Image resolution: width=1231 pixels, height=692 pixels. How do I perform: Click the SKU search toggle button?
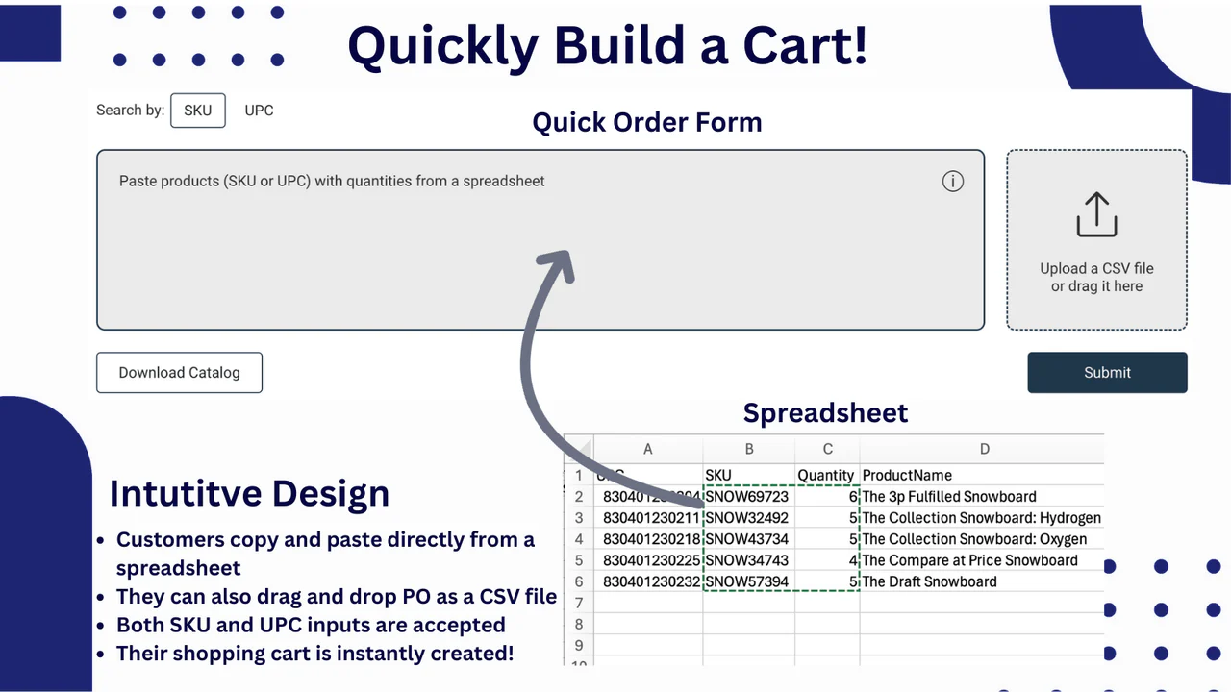(197, 111)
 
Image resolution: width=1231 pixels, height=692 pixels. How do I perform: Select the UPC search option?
(259, 111)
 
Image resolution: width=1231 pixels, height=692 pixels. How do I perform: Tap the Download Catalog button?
(179, 373)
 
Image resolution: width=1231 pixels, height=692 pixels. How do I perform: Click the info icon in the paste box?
(952, 182)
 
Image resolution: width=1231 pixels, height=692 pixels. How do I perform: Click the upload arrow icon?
(1096, 214)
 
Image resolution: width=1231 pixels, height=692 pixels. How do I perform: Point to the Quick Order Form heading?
(646, 123)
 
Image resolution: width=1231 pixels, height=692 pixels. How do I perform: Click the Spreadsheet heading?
(825, 413)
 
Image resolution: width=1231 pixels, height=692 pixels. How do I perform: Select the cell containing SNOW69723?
(747, 497)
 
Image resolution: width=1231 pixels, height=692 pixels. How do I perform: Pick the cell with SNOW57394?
(747, 581)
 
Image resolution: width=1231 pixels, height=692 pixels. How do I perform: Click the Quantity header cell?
(826, 475)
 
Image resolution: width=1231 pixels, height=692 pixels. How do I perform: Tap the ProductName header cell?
(907, 475)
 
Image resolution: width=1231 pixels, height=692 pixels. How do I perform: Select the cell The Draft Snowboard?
(929, 581)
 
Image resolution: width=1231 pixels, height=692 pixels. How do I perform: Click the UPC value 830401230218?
(651, 539)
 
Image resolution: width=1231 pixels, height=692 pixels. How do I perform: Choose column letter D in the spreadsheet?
(983, 449)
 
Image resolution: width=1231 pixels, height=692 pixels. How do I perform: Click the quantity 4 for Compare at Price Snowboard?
(852, 560)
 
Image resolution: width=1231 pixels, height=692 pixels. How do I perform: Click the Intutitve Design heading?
(249, 493)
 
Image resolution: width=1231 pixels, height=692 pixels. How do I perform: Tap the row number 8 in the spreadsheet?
(579, 624)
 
